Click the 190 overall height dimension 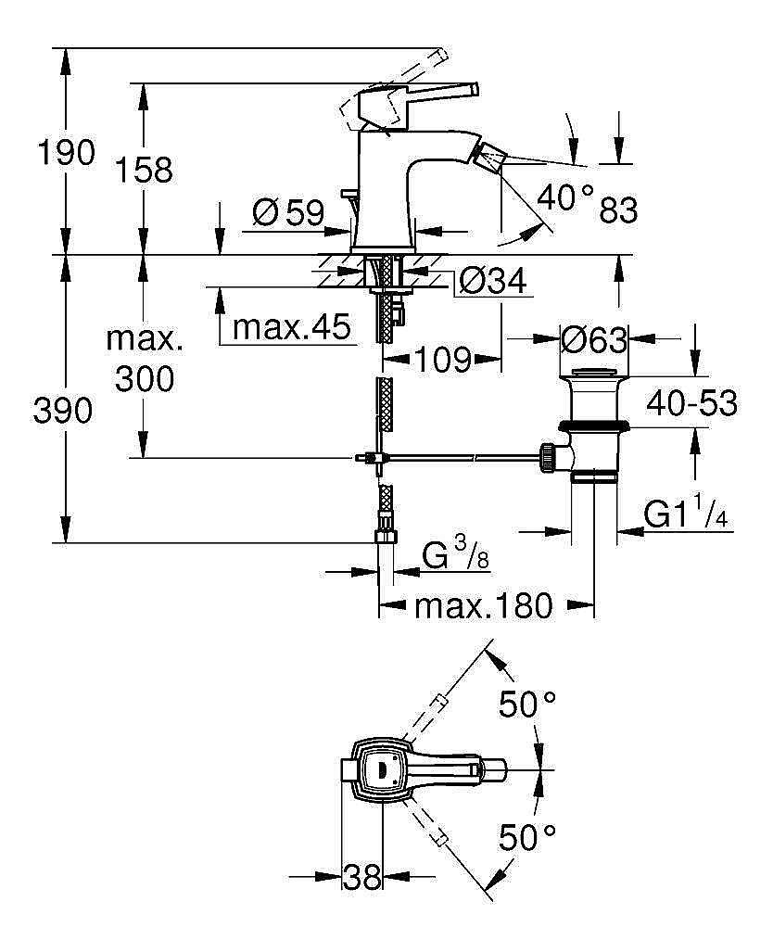tap(65, 153)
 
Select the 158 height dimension tap(145, 170)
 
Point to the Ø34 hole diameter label tap(493, 280)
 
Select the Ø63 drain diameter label tap(595, 340)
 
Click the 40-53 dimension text tap(691, 403)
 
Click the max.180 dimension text tap(483, 606)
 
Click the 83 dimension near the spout tap(618, 210)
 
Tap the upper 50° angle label tap(527, 705)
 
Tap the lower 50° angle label tap(527, 838)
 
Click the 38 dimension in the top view tap(362, 876)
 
